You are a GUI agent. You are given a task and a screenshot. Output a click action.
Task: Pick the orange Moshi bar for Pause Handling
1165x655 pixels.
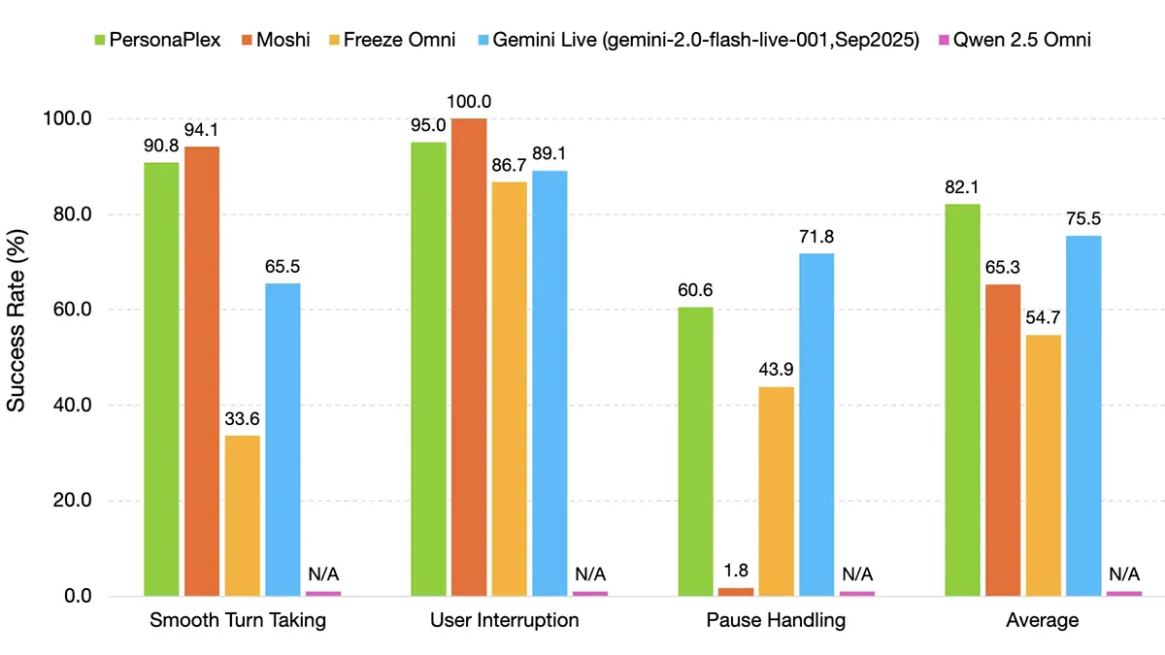click(x=736, y=591)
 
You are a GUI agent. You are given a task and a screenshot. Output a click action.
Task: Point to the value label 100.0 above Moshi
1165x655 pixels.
click(x=469, y=102)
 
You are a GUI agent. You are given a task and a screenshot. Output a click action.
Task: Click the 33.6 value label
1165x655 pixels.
click(x=243, y=419)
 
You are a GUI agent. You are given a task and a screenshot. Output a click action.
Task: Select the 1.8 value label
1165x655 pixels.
click(x=736, y=572)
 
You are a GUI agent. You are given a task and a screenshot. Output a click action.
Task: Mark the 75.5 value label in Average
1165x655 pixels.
click(x=1083, y=219)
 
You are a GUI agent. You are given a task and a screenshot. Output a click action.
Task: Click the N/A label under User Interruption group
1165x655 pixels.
click(x=589, y=573)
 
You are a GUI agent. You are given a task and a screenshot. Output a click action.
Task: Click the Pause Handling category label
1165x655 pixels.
click(x=776, y=621)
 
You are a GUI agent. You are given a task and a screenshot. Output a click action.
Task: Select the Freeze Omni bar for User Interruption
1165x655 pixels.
click(x=510, y=388)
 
